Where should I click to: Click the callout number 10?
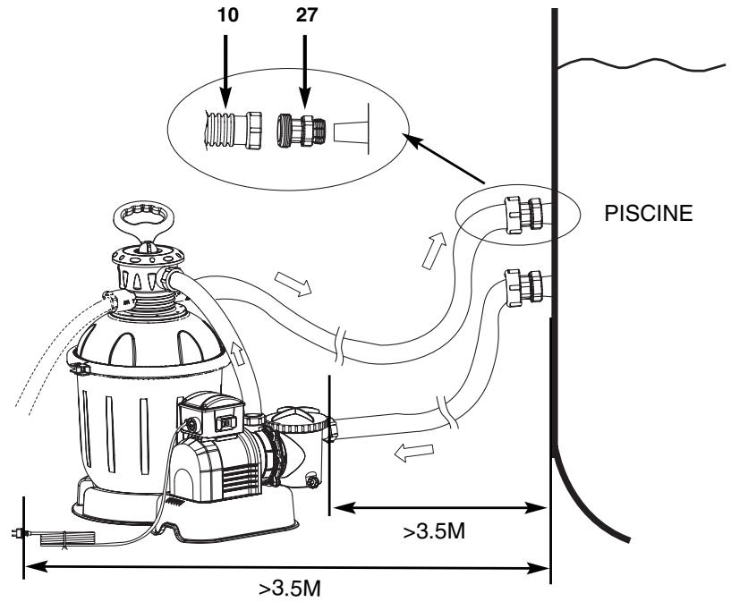point(227,15)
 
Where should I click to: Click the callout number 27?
point(306,15)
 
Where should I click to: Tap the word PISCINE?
point(648,213)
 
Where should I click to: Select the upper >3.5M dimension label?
point(434,531)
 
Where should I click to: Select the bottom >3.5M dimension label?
point(290,588)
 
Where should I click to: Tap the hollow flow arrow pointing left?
point(414,452)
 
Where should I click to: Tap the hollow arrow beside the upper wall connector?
point(434,250)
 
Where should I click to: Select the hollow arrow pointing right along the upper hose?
point(293,284)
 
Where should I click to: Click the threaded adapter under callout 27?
point(302,131)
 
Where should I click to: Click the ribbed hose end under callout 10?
point(234,130)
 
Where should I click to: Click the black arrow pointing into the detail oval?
point(445,158)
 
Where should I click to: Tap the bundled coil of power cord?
point(68,539)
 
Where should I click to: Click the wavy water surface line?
point(641,64)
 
